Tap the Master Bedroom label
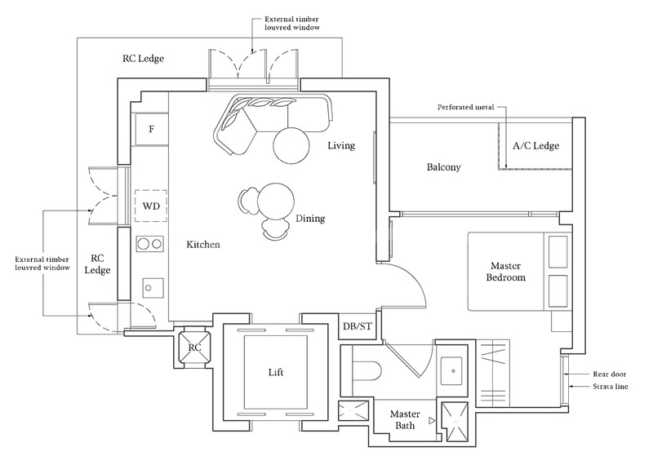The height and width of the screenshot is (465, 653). pyautogui.click(x=506, y=272)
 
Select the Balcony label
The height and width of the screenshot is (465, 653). pyautogui.click(x=444, y=167)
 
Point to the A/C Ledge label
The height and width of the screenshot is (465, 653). pyautogui.click(x=535, y=146)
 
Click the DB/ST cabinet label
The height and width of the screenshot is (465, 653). pyautogui.click(x=357, y=327)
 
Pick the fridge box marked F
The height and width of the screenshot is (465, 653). pyautogui.click(x=151, y=129)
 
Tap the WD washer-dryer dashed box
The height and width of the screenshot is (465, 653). pyautogui.click(x=151, y=206)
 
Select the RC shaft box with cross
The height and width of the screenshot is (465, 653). pyautogui.click(x=194, y=347)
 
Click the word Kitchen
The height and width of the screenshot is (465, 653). pyautogui.click(x=203, y=245)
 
